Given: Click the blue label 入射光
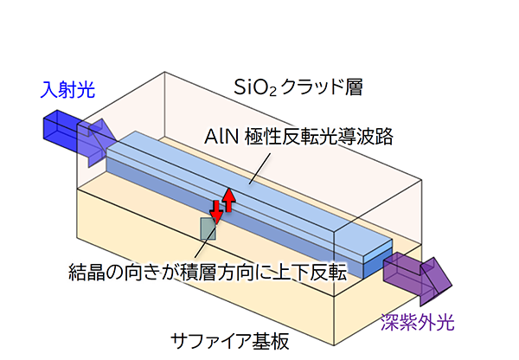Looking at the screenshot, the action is (67, 89).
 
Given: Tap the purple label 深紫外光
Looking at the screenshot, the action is (418, 322).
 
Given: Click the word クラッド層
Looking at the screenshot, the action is (322, 87).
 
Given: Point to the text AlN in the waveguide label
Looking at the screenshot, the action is (221, 137).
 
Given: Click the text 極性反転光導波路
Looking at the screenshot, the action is (318, 136).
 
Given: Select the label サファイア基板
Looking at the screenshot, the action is (230, 341).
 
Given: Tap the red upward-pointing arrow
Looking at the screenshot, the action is (228, 200).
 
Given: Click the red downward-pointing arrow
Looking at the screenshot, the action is (216, 212).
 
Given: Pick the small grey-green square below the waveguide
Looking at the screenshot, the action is (208, 228).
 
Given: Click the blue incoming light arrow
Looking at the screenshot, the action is (80, 138).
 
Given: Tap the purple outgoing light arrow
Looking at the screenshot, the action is (418, 278).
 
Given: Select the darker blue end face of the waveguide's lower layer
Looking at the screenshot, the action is (378, 264).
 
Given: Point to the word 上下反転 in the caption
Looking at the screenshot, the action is (310, 273).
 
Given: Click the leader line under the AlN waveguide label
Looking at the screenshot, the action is (260, 168).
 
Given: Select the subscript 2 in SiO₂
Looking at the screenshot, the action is (272, 92).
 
